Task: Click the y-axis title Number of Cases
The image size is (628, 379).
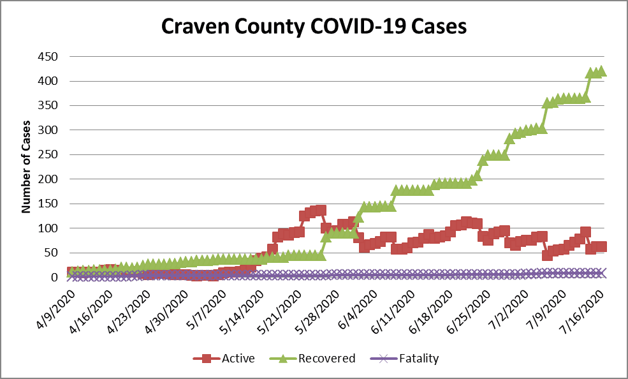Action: [x=26, y=166]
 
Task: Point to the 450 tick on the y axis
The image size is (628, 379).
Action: [x=48, y=57]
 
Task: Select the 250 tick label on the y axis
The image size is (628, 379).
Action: [x=48, y=155]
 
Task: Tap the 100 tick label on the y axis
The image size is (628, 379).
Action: [x=48, y=228]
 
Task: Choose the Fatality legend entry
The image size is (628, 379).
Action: [x=404, y=359]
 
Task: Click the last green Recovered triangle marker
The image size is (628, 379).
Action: [x=601, y=71]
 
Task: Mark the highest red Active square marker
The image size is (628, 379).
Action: [x=321, y=210]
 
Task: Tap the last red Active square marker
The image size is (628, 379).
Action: [x=601, y=246]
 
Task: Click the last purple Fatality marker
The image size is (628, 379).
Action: [x=601, y=272]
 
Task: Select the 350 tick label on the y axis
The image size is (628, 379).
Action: [x=48, y=106]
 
